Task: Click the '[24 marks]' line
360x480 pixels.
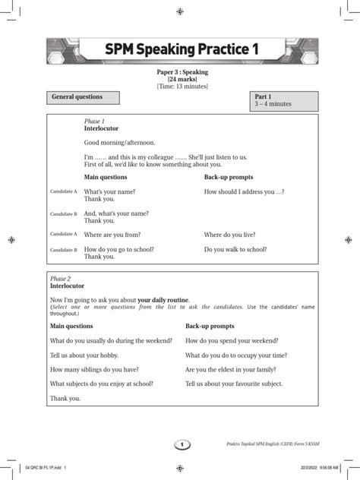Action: pyautogui.click(x=180, y=79)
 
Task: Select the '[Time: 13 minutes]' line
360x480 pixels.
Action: pyautogui.click(x=180, y=87)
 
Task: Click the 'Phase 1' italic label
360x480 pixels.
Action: pyautogui.click(x=94, y=122)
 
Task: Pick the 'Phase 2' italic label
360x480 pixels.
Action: pyautogui.click(x=58, y=279)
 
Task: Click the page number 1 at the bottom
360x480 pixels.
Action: pyautogui.click(x=180, y=444)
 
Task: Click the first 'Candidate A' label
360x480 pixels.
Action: pyautogui.click(x=64, y=193)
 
